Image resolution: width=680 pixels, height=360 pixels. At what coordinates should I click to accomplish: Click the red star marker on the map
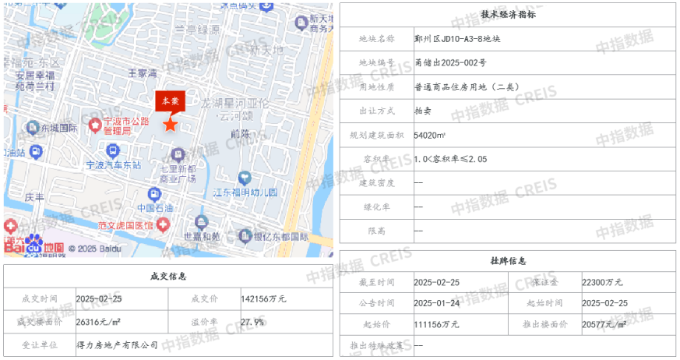click(169, 124)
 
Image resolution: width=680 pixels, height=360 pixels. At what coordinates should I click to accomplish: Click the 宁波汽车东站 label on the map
click(113, 165)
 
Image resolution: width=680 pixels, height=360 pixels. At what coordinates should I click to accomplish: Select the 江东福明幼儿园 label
click(245, 192)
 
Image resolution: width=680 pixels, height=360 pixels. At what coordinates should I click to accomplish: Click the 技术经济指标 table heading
click(507, 14)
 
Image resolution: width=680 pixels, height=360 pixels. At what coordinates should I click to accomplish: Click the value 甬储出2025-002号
click(450, 62)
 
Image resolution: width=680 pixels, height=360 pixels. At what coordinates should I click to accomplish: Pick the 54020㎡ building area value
click(430, 135)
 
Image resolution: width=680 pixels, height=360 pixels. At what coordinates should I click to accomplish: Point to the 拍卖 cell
click(423, 111)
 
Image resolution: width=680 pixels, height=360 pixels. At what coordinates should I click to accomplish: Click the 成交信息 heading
click(167, 277)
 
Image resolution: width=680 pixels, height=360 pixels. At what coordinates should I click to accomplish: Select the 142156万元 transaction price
click(263, 298)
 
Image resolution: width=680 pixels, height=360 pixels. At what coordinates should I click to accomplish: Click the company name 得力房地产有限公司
click(117, 344)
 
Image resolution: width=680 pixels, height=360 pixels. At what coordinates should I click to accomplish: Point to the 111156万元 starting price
click(436, 324)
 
